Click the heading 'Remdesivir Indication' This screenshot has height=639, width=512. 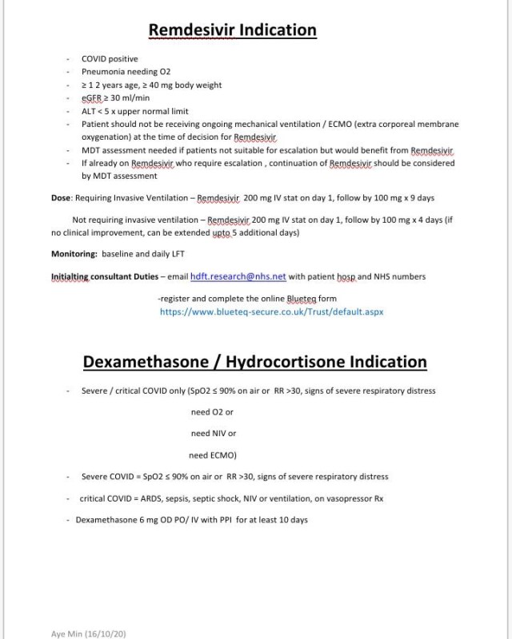click(x=233, y=30)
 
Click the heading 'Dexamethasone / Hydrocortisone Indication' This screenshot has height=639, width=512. click(x=255, y=362)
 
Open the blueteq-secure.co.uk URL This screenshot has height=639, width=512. click(x=271, y=312)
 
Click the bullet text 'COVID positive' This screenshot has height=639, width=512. click(x=110, y=59)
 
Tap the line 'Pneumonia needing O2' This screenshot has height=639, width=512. click(x=126, y=72)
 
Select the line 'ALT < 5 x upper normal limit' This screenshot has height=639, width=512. click(x=135, y=111)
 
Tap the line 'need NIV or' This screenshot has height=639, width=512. click(x=214, y=434)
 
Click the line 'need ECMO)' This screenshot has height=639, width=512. click(x=213, y=455)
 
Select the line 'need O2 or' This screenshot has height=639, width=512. click(x=212, y=412)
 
